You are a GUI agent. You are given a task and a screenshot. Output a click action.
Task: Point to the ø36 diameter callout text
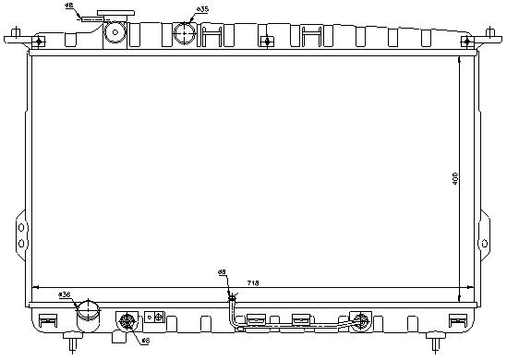tap(65, 294)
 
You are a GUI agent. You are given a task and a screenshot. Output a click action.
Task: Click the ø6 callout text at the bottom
tap(145, 341)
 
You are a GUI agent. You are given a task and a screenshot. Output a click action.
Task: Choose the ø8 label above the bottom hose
tap(222, 272)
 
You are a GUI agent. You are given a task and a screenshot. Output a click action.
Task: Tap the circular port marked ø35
tap(185, 33)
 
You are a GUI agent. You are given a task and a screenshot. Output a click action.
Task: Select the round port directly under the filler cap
tap(115, 34)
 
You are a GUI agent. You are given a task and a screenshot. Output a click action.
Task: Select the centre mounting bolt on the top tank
tap(265, 41)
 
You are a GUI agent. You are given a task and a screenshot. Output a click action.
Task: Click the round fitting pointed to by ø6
tap(127, 321)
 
